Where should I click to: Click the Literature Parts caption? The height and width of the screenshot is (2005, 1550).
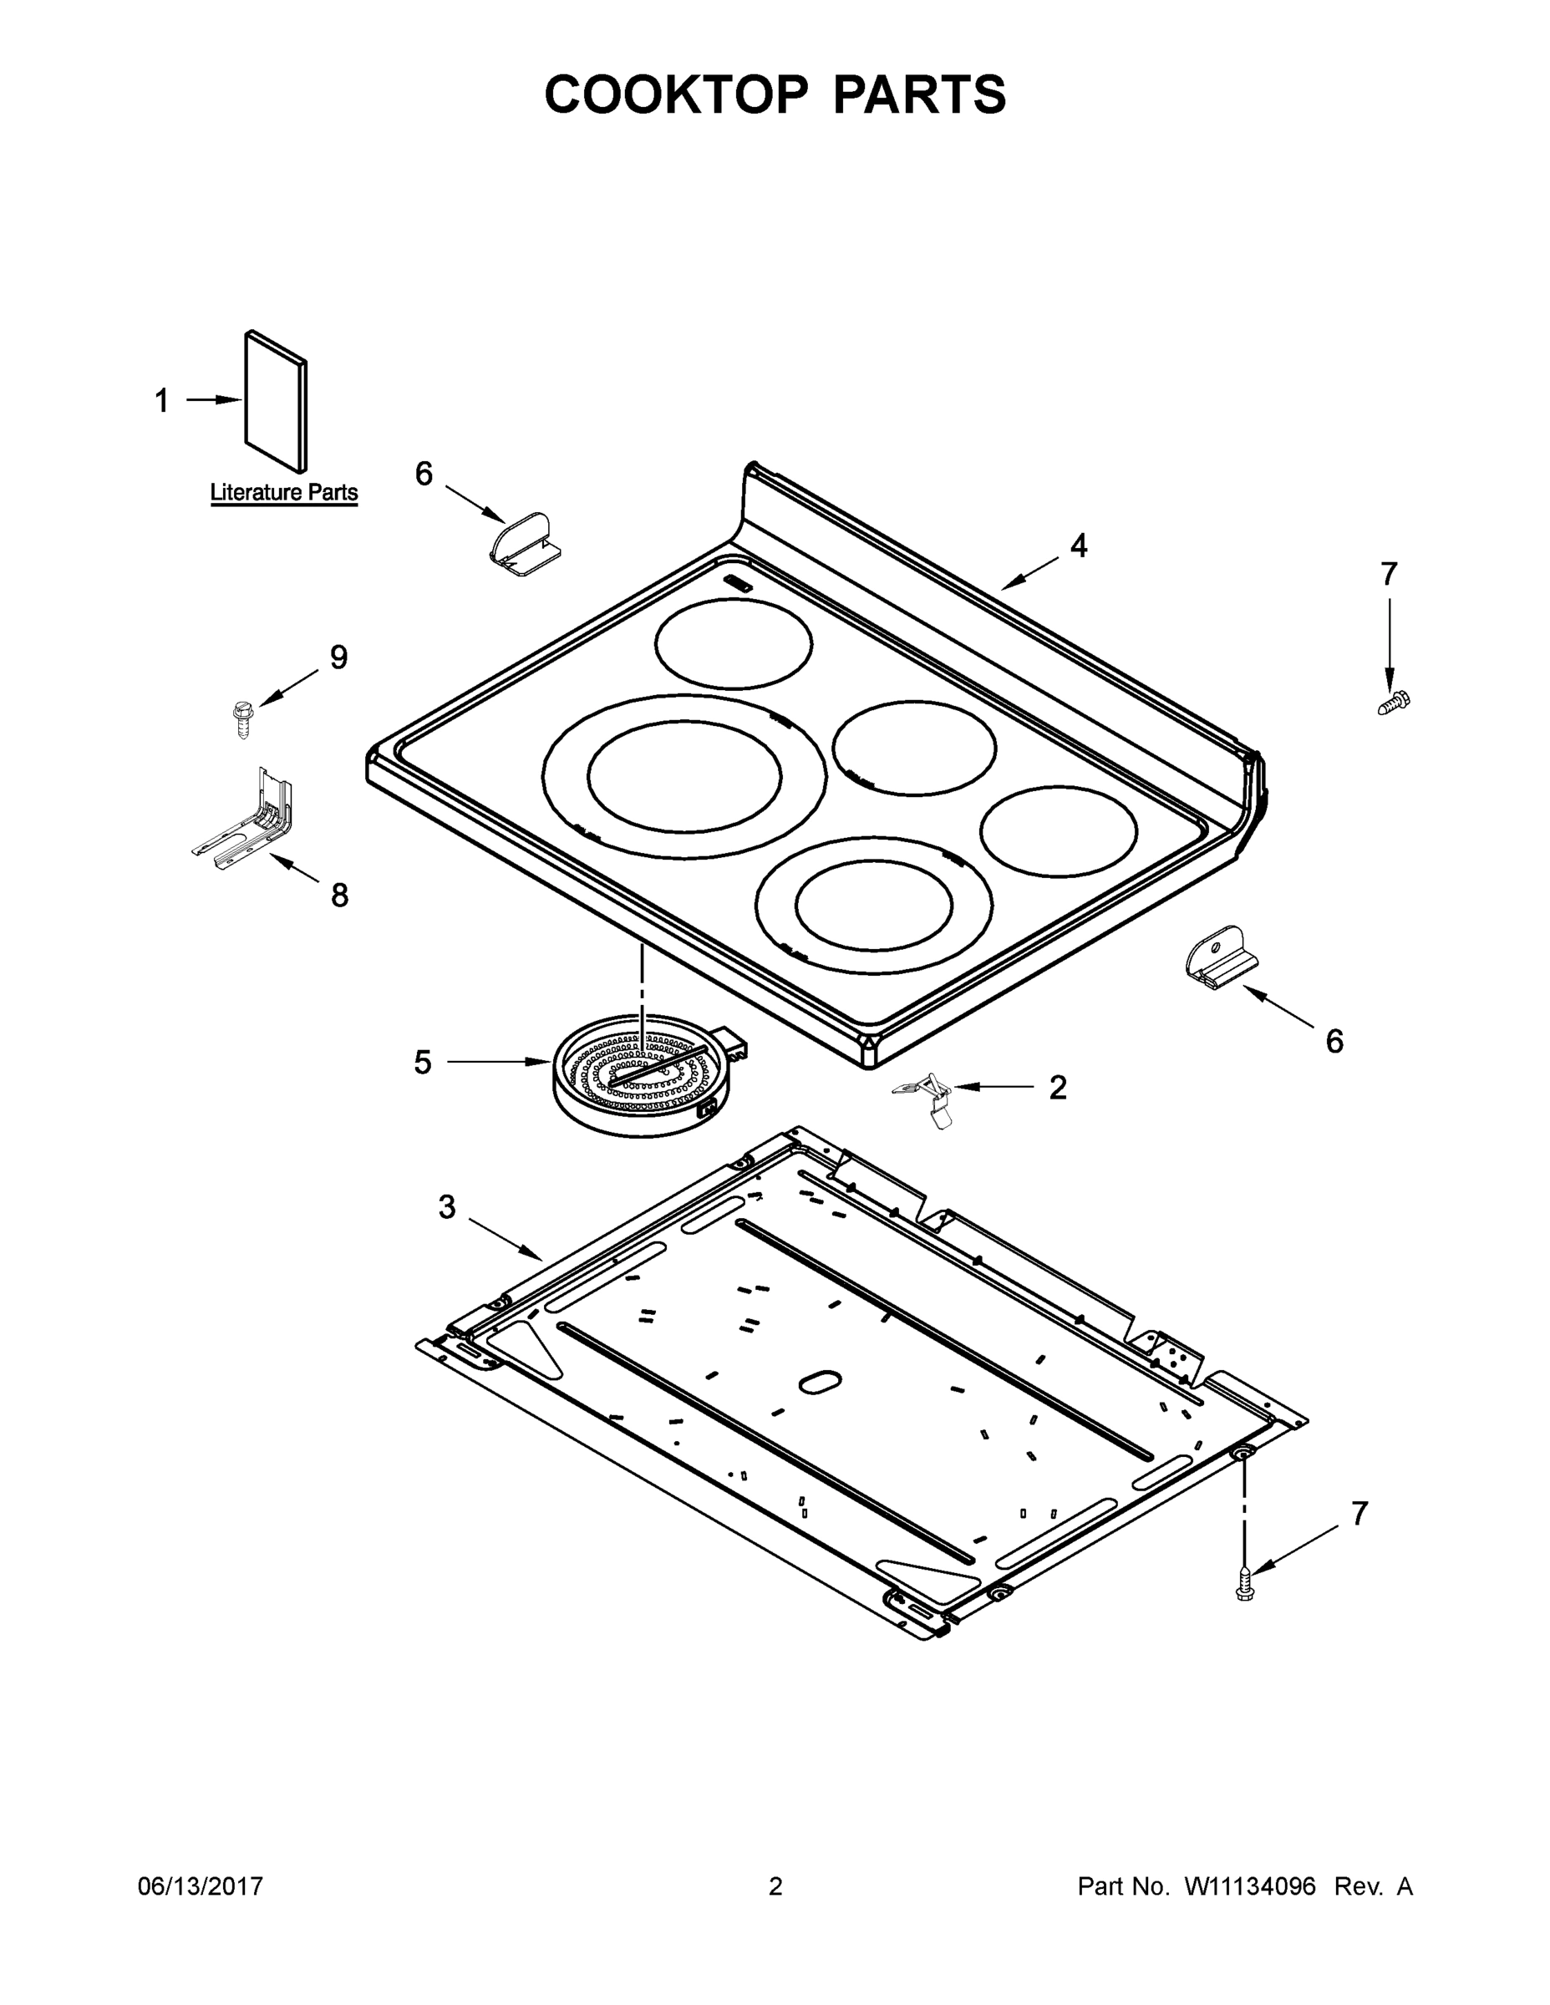(x=284, y=492)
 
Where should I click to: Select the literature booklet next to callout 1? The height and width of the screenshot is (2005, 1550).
(x=276, y=403)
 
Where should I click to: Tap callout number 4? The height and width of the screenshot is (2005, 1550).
(x=1079, y=546)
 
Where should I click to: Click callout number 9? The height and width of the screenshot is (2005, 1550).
(x=339, y=657)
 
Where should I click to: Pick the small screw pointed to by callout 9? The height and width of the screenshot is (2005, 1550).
(x=243, y=717)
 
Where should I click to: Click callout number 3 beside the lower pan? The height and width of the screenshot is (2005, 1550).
(x=447, y=1207)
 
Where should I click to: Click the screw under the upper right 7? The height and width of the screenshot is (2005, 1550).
(x=1394, y=703)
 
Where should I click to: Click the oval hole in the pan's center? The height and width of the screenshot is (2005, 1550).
(x=820, y=1383)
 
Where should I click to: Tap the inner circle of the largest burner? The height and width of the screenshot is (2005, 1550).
(x=684, y=776)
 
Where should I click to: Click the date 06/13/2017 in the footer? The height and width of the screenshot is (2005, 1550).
(x=201, y=1887)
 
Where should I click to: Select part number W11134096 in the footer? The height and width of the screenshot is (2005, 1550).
(x=1250, y=1887)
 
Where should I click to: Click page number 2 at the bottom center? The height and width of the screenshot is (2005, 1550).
(x=775, y=1887)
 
